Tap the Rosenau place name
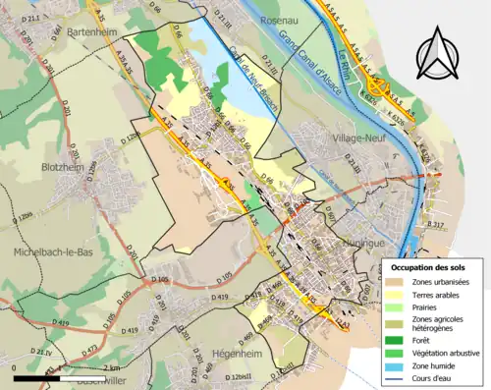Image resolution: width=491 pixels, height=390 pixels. point(285,20)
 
